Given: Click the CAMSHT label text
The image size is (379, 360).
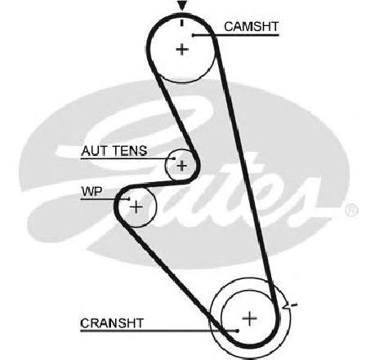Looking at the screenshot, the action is coord(252,27).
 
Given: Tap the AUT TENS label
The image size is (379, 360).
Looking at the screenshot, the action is coord(114,151).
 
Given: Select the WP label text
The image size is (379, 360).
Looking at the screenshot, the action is coord(91,192).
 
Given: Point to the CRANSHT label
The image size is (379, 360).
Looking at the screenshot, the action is coord(112,323).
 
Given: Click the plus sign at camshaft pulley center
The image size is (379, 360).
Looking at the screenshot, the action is coord(182,50).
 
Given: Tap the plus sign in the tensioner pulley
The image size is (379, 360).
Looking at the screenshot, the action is coord(181,165).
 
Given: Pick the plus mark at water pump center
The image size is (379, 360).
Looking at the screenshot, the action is coord(136,207).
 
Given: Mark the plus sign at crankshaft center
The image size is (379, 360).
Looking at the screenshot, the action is coord(249,318).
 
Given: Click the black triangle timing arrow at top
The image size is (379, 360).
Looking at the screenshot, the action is coord(182,6).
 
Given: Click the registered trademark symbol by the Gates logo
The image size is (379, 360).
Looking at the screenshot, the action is coord(351,211).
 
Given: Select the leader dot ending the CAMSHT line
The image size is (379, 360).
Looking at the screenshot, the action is coord(193,35).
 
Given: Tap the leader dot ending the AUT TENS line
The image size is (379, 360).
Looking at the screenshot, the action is coord(174,158).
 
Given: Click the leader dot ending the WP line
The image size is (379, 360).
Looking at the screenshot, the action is coord(128,199).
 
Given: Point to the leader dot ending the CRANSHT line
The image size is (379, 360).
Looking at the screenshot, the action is coord(238,331).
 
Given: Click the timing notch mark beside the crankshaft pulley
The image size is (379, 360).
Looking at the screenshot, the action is coord(289,305).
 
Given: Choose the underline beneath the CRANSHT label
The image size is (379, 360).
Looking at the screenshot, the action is coord(158,331).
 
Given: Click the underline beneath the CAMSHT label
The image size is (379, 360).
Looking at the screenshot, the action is coord(236,35).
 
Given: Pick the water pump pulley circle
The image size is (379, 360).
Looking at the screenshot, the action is coord(156,207).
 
